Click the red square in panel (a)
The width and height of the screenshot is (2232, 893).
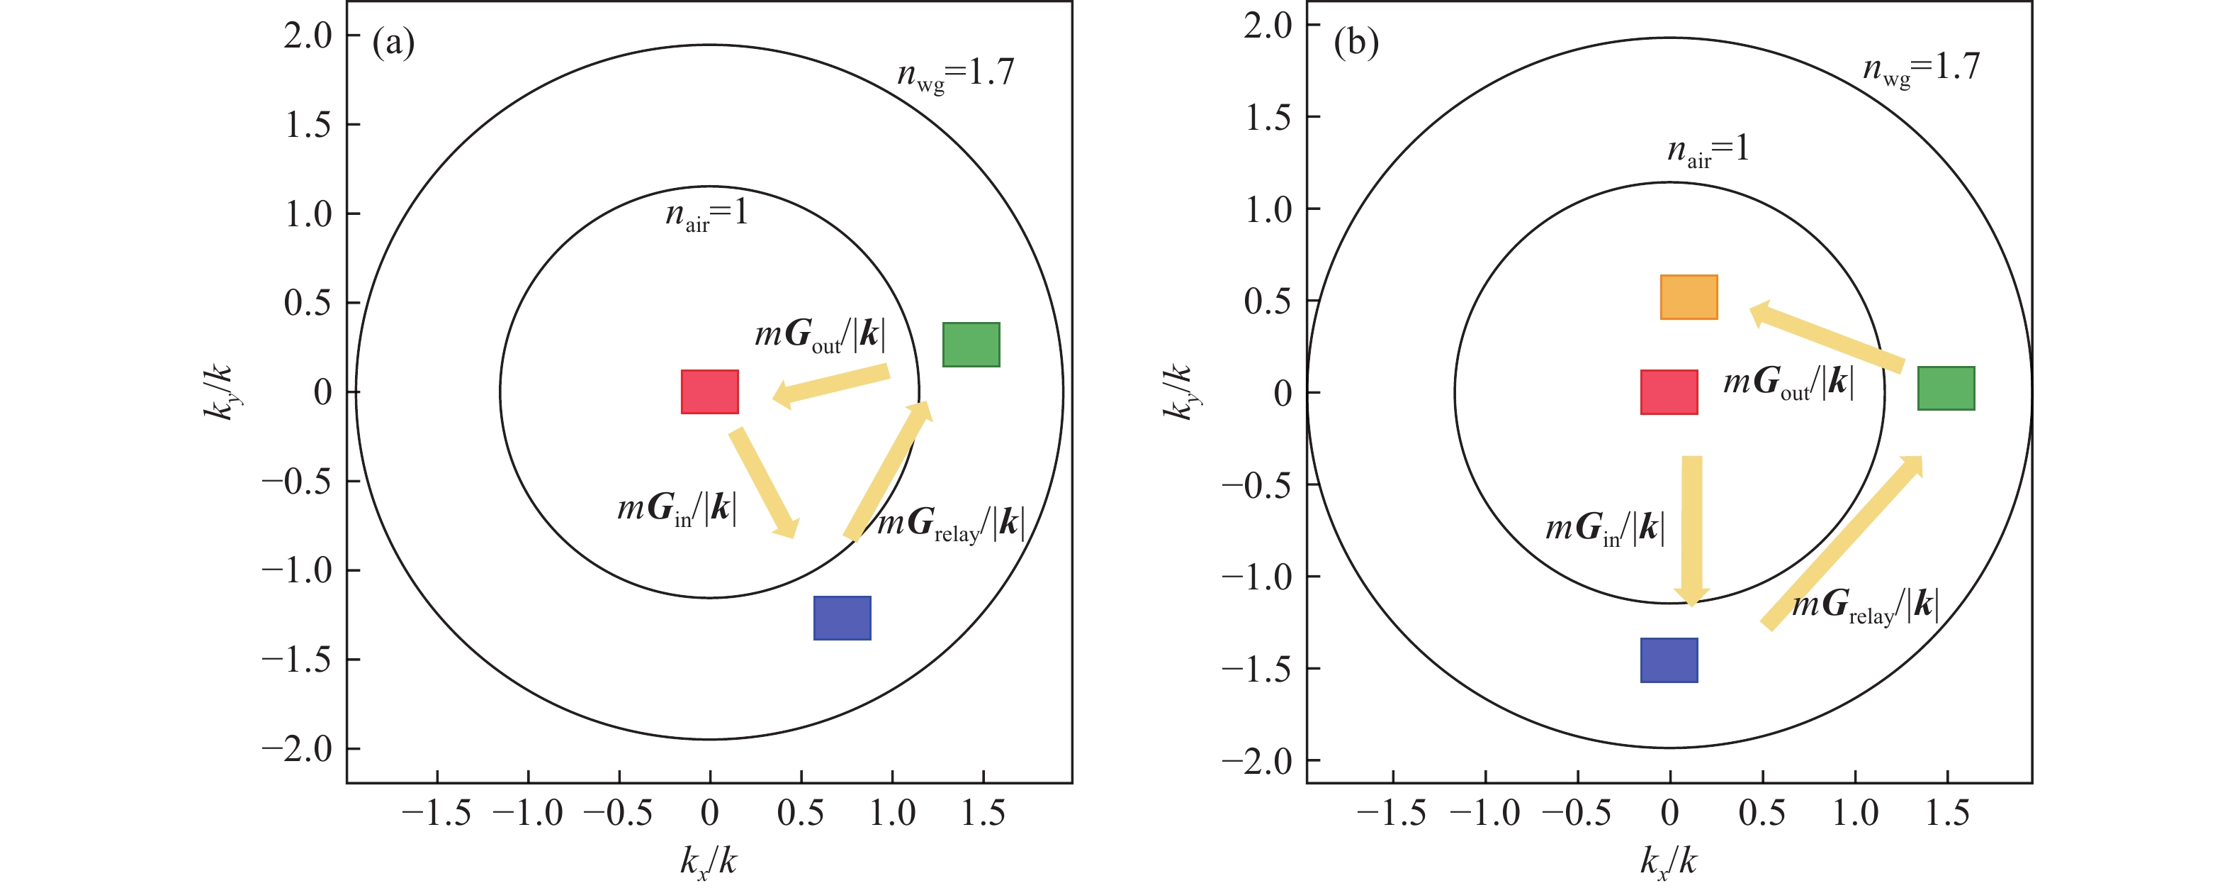click(x=709, y=392)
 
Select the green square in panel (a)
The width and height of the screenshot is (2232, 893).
click(x=971, y=344)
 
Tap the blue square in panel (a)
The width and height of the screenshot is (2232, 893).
click(x=842, y=619)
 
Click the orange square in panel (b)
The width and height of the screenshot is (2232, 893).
click(x=1689, y=297)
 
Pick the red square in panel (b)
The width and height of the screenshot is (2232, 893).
click(x=1669, y=392)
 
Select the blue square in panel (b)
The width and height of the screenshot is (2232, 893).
click(x=1669, y=660)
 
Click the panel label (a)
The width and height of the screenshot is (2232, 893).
click(x=393, y=42)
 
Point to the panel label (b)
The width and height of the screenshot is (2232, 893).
click(x=1356, y=42)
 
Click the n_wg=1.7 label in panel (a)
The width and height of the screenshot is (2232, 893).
click(x=955, y=74)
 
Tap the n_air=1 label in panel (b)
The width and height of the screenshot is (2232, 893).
click(x=1708, y=150)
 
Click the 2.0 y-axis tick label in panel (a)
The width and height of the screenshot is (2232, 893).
click(x=308, y=35)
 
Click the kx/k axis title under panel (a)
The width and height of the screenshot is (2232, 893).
click(x=708, y=863)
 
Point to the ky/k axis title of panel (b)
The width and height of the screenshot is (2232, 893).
click(x=1178, y=392)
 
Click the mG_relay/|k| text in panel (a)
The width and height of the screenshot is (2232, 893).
click(x=950, y=523)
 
